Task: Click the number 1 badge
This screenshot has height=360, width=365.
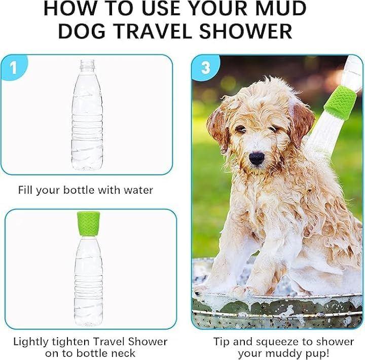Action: click(14, 67)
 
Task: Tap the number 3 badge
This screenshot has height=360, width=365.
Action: click(205, 67)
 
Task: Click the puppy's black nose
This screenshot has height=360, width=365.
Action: click(257, 158)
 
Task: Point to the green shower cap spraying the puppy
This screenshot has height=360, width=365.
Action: click(340, 102)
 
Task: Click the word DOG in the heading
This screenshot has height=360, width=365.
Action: click(82, 31)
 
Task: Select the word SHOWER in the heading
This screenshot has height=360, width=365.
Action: click(245, 31)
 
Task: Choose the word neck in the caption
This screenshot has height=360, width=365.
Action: click(123, 353)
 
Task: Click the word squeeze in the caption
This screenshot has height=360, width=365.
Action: click(277, 342)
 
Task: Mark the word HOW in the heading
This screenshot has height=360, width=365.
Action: click(70, 9)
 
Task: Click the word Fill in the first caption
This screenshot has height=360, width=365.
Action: click(25, 190)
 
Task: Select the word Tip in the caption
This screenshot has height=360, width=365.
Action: click(221, 342)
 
